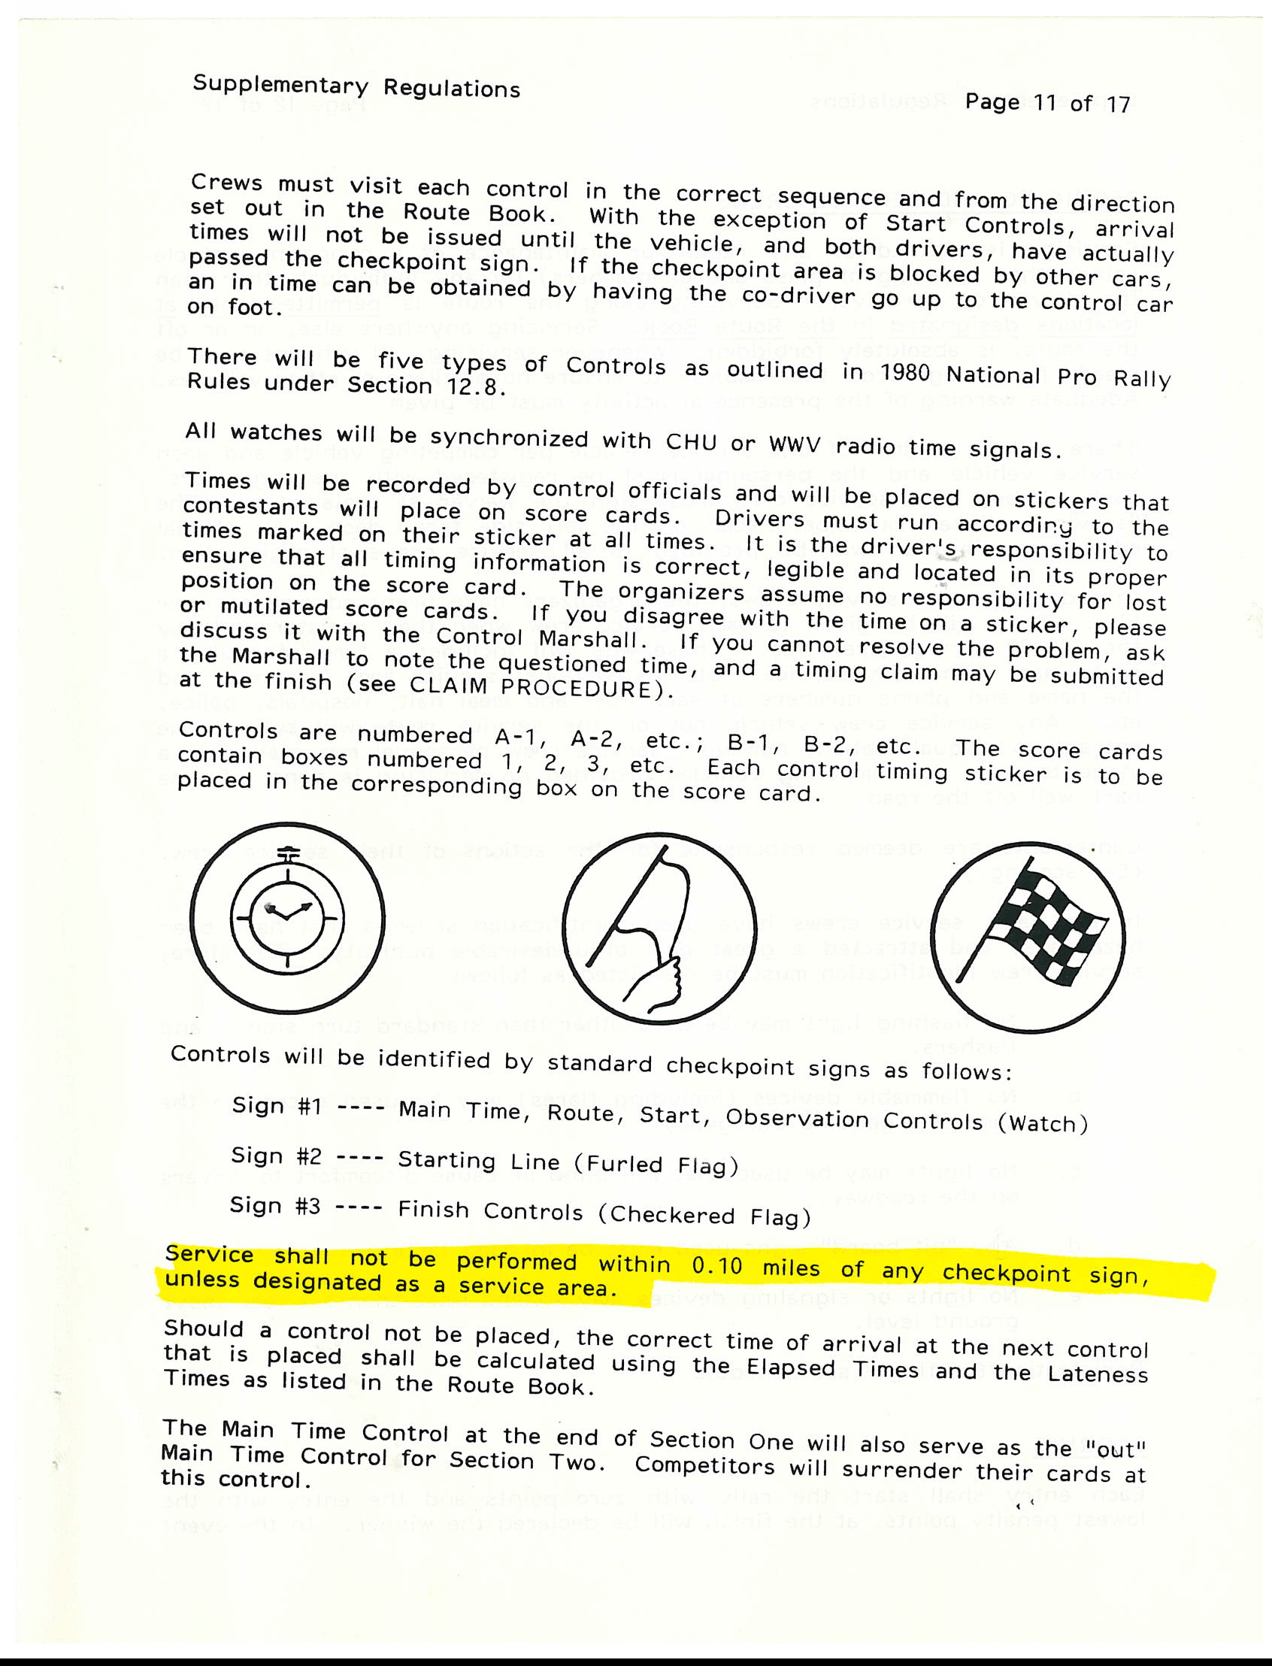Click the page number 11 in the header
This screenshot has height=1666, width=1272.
pos(1045,102)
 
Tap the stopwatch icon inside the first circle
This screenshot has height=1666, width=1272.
pos(287,916)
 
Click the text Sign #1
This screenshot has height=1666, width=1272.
pos(277,1107)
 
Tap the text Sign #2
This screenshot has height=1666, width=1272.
pos(277,1156)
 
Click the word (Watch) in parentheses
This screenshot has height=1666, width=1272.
pos(1043,1124)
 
